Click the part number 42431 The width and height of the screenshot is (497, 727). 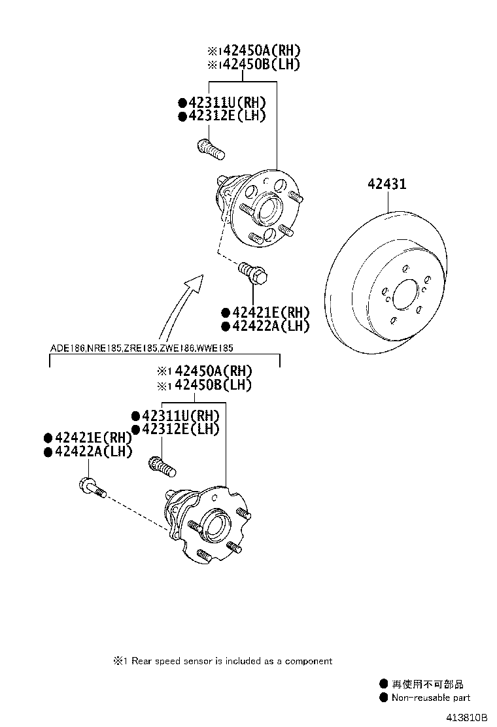click(386, 184)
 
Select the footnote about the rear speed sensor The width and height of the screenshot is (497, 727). click(223, 661)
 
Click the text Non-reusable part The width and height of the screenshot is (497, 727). click(431, 698)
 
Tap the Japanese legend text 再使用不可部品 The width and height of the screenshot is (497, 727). click(428, 684)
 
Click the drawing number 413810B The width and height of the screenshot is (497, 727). click(467, 717)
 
